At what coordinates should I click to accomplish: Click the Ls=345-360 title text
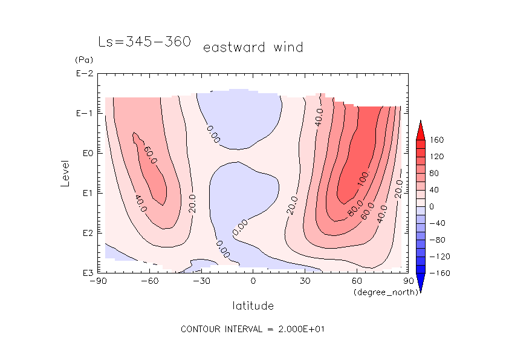pos(144,42)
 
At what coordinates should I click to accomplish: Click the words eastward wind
pos(253,47)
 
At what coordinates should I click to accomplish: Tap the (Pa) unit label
pos(82,60)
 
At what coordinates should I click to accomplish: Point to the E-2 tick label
pos(84,74)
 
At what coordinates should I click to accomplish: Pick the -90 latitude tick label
pos(98,281)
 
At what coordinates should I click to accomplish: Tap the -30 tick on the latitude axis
pos(201,281)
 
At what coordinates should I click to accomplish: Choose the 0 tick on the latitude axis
pos(253,281)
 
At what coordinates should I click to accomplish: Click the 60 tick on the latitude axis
pos(357,281)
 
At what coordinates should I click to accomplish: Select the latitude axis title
pos(253,306)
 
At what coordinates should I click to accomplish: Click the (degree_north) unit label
pos(378,292)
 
